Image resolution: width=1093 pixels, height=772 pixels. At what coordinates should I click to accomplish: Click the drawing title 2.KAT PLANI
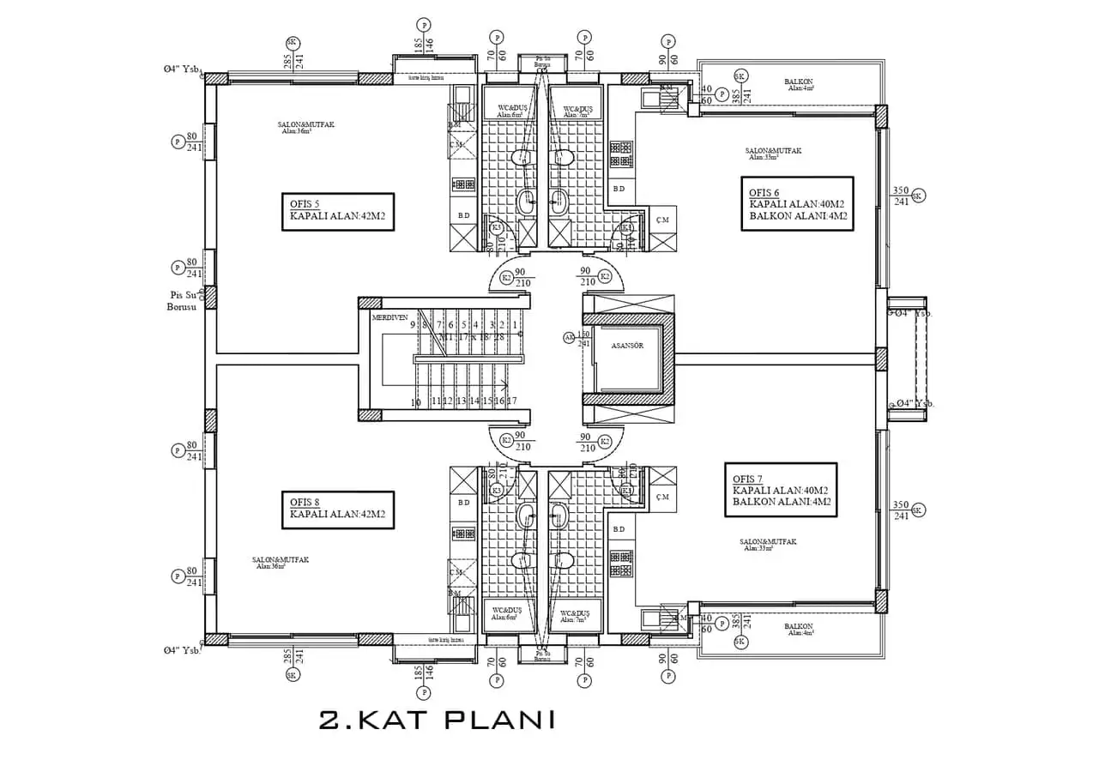click(436, 719)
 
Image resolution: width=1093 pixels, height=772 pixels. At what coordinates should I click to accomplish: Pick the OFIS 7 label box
click(780, 490)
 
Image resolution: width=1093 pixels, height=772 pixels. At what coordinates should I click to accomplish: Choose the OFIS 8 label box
click(337, 510)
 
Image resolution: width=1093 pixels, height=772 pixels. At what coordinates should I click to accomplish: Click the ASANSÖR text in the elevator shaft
click(627, 345)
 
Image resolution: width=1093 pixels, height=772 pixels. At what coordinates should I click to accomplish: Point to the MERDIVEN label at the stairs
click(389, 317)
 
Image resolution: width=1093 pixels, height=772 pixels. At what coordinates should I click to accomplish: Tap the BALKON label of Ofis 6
click(798, 84)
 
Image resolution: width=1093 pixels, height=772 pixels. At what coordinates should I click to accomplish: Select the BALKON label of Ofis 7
click(798, 628)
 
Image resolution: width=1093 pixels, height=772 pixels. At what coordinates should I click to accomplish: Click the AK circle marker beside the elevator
click(568, 337)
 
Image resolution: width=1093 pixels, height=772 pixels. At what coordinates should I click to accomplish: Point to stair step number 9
click(413, 325)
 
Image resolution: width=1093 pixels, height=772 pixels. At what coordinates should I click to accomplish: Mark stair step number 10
click(415, 401)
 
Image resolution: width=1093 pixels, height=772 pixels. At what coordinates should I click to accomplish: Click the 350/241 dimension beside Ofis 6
click(901, 196)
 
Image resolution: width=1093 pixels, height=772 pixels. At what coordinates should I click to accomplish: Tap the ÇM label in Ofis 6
click(661, 218)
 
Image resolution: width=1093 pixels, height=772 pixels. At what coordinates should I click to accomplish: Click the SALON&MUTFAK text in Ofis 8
click(281, 560)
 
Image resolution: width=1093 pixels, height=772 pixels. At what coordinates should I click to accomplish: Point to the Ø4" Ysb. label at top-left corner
click(182, 69)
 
